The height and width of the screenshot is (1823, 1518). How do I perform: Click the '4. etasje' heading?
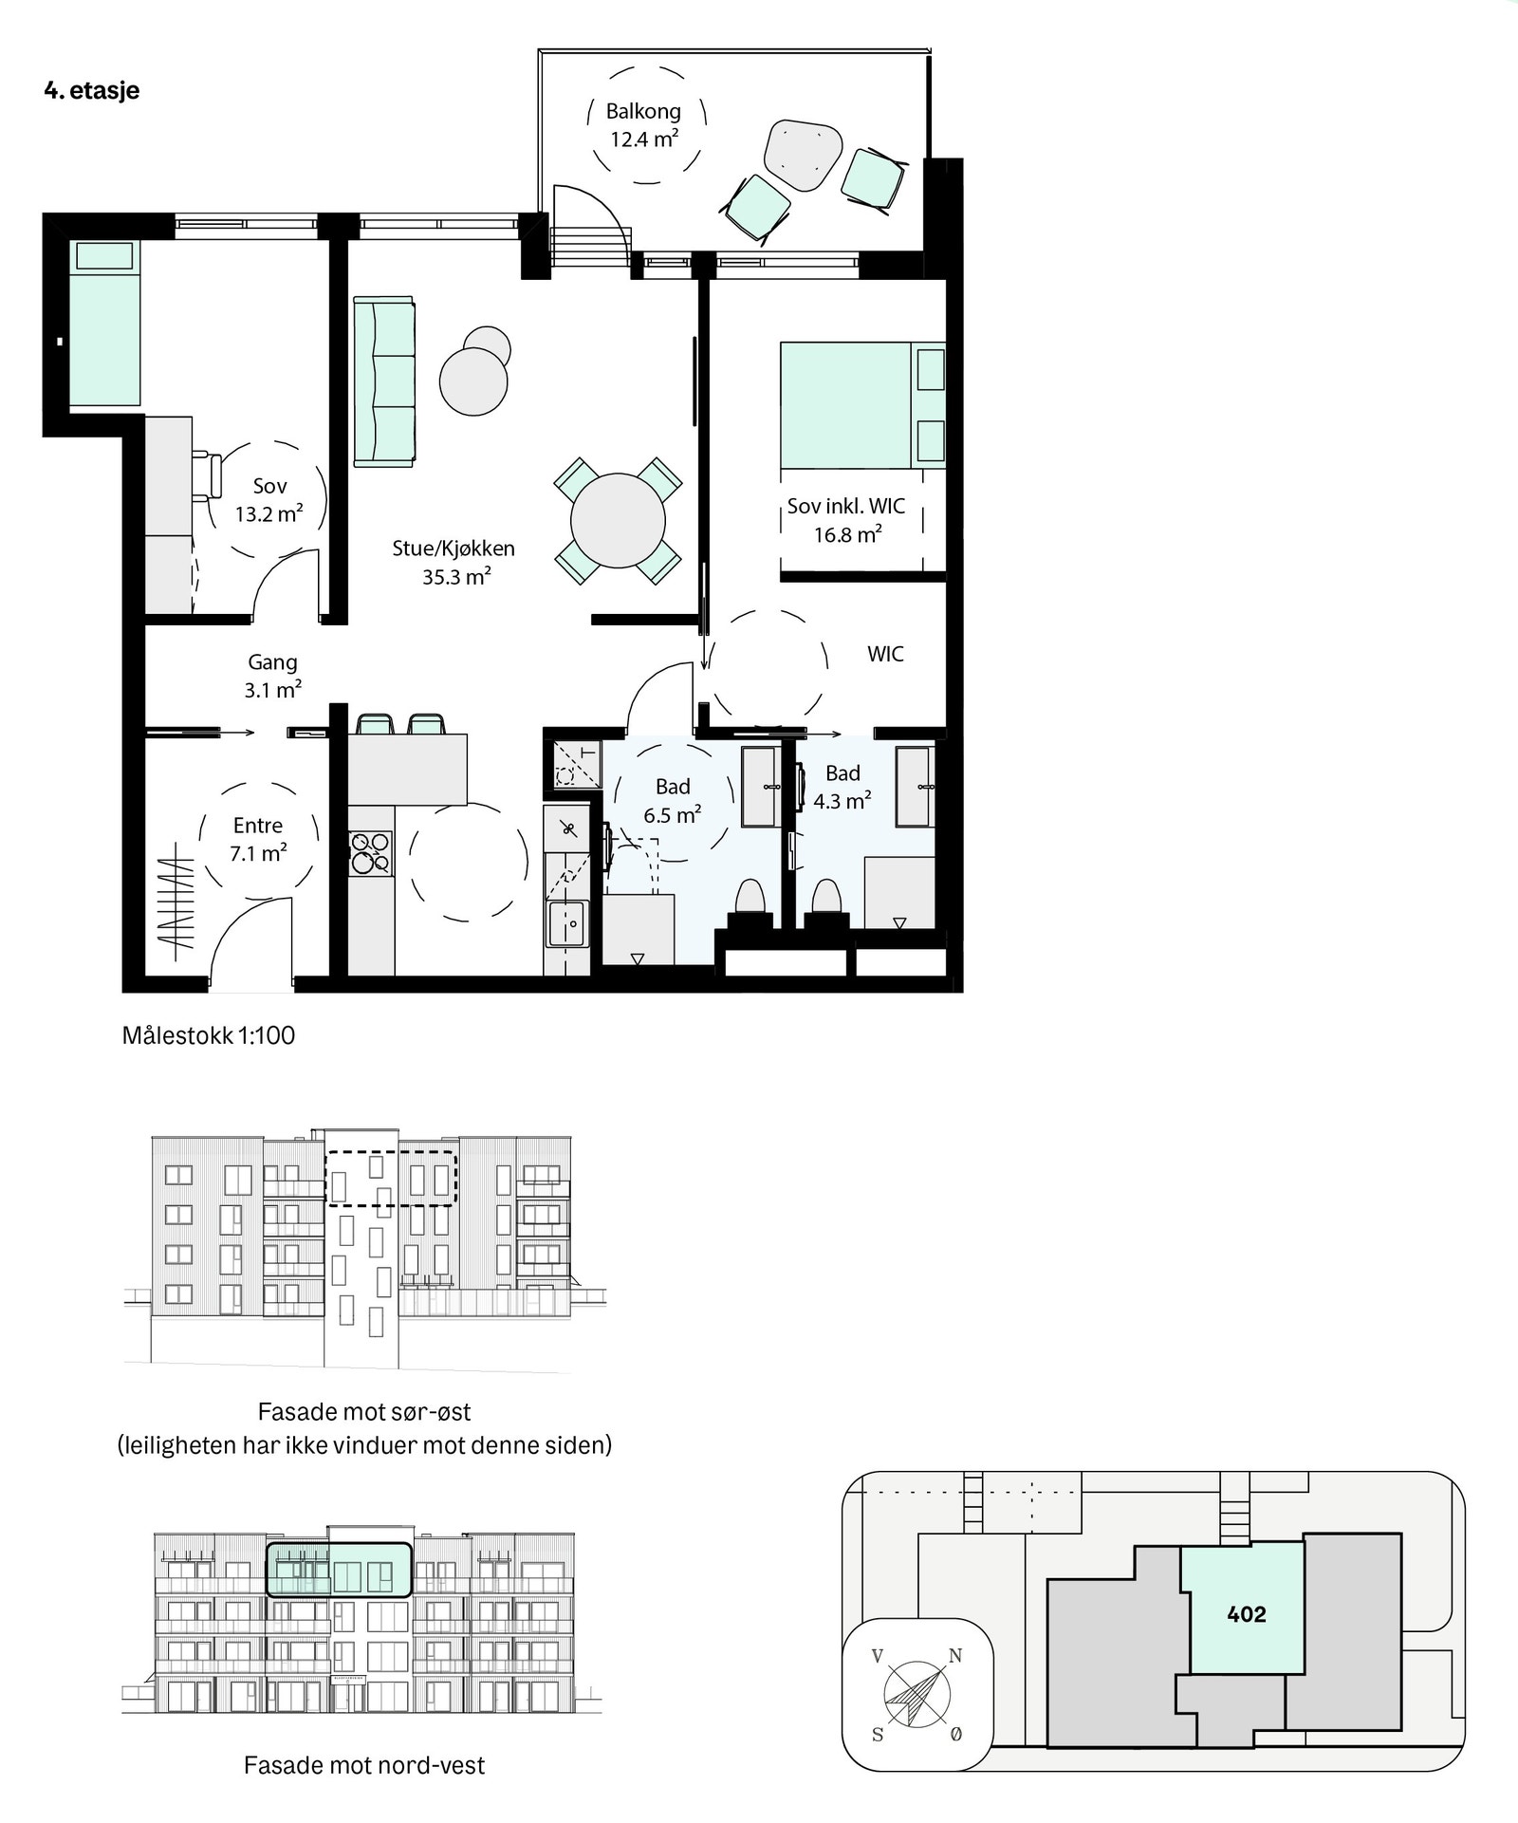click(x=91, y=90)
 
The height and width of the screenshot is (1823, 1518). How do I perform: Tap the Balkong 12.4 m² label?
click(x=644, y=125)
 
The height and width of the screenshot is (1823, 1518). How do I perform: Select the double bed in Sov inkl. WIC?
click(x=844, y=405)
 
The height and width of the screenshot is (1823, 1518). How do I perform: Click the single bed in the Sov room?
click(x=104, y=323)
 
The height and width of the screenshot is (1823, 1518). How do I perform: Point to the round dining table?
click(x=618, y=521)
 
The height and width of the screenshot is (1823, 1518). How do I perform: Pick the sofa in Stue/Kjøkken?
click(x=384, y=381)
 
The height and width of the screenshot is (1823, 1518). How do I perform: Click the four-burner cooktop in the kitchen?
click(x=370, y=851)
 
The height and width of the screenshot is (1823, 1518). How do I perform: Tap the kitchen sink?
click(x=567, y=923)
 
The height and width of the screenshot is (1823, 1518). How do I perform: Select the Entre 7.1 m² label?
click(x=258, y=839)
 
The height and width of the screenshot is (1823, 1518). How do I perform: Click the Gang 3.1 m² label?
click(x=272, y=676)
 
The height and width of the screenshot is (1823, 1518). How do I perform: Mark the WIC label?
click(x=885, y=654)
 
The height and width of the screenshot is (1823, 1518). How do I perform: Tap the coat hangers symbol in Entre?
click(x=176, y=903)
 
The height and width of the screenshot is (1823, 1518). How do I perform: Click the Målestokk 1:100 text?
click(x=209, y=1035)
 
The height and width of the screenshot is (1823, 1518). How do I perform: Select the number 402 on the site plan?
click(x=1246, y=1614)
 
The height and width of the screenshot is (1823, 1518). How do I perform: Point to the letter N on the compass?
click(x=955, y=1656)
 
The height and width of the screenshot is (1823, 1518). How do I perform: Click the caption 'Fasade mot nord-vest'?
click(x=364, y=1765)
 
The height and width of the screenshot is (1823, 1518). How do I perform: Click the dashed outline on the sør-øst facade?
click(x=392, y=1206)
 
